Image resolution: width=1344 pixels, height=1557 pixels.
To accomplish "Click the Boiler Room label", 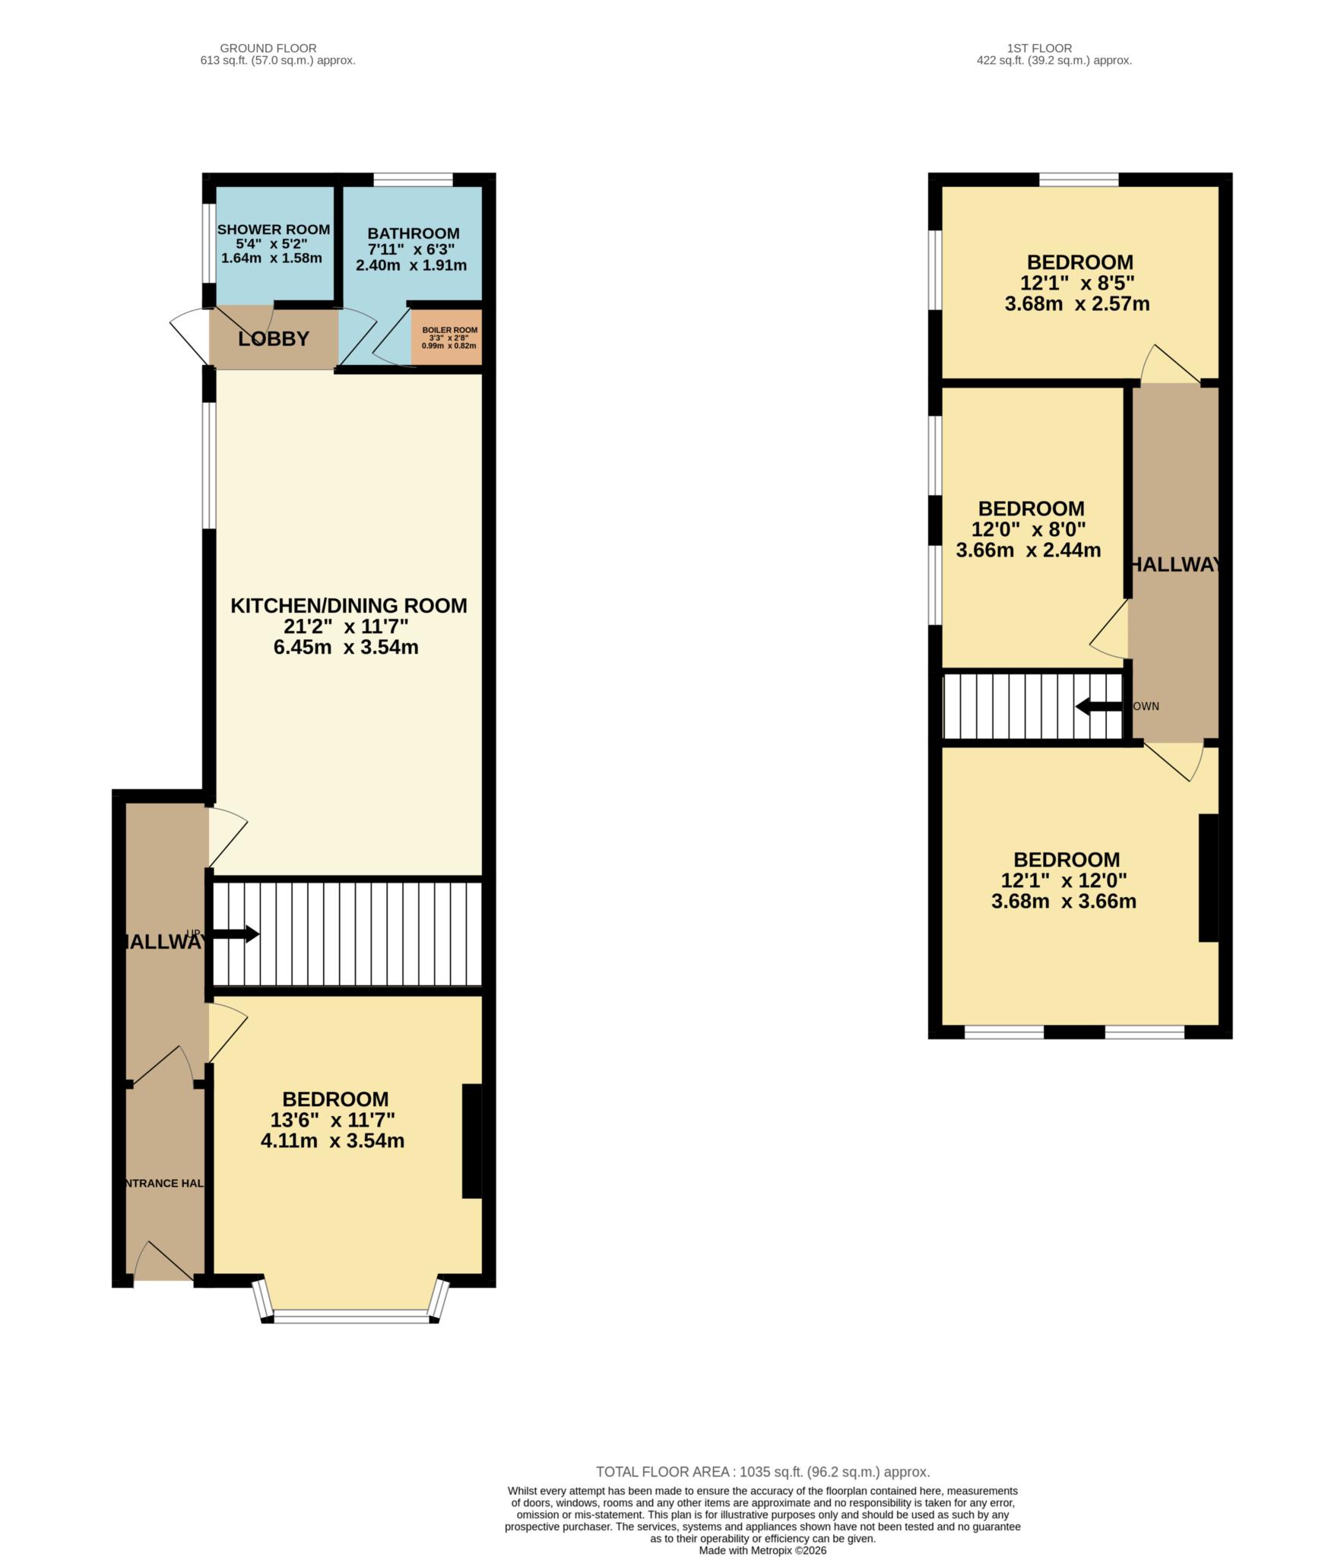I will pyautogui.click(x=449, y=330).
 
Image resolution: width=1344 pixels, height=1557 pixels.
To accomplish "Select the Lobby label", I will pyautogui.click(x=274, y=339).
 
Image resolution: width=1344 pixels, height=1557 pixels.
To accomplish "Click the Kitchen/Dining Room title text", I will pyautogui.click(x=348, y=606).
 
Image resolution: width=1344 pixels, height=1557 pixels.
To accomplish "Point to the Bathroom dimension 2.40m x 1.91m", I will pyautogui.click(x=410, y=265).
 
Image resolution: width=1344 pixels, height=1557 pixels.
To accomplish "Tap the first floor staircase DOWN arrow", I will pyautogui.click(x=1098, y=706).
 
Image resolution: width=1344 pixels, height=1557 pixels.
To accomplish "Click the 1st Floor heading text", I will pyautogui.click(x=1054, y=48).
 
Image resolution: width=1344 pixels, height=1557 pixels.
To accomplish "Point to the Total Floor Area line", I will pyautogui.click(x=762, y=1472).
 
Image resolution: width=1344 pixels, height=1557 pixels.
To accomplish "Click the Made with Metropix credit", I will pyautogui.click(x=762, y=1550).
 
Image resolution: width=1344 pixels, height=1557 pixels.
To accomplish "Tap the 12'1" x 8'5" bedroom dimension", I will pyautogui.click(x=1076, y=284).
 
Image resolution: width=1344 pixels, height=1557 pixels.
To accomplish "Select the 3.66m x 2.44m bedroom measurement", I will pyautogui.click(x=1028, y=550).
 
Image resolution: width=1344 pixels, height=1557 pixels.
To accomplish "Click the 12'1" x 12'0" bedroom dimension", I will pyautogui.click(x=1063, y=880).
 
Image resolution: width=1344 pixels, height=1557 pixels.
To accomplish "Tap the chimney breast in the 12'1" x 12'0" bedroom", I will pyautogui.click(x=1208, y=878).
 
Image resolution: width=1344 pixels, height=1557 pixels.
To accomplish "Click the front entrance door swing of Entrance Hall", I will pyautogui.click(x=163, y=1264).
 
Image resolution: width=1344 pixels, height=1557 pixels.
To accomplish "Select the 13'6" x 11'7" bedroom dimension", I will pyautogui.click(x=332, y=1119).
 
